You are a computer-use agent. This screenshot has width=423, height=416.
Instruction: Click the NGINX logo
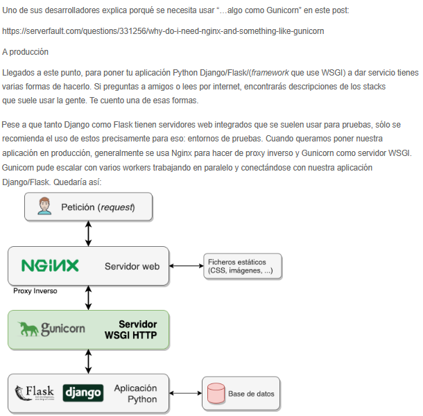[50, 266]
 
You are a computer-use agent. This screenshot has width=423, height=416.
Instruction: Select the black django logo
[83, 392]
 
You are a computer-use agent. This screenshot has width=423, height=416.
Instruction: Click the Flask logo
[35, 392]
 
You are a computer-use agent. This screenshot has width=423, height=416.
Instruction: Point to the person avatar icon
[46, 207]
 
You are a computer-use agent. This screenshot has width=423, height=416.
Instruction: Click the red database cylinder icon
[214, 394]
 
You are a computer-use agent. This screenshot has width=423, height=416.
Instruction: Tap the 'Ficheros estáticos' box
[243, 266]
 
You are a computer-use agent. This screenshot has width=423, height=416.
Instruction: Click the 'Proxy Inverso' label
[35, 291]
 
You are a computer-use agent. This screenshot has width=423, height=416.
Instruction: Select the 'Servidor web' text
[132, 266]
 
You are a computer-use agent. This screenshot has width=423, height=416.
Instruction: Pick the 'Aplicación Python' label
[135, 393]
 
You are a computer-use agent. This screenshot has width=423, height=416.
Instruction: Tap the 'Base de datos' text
[251, 394]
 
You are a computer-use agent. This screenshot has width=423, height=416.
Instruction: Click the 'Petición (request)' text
[107, 207]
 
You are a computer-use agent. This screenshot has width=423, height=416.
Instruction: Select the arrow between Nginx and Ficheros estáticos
[185, 266]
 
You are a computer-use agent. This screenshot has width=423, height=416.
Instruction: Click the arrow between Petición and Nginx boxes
[88, 234]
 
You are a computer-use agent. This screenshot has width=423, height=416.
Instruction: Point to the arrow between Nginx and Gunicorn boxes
[88, 297]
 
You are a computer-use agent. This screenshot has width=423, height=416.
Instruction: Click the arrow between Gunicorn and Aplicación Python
[88, 361]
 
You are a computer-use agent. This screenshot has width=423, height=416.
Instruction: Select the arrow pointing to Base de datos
[185, 394]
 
